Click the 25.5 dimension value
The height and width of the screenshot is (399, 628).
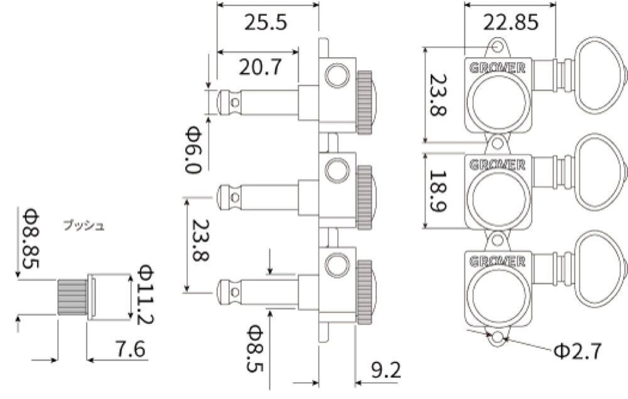[266, 23]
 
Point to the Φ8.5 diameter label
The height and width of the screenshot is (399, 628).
[255, 348]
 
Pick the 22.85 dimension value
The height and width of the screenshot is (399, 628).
[511, 23]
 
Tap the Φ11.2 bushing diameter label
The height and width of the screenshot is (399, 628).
[145, 294]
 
